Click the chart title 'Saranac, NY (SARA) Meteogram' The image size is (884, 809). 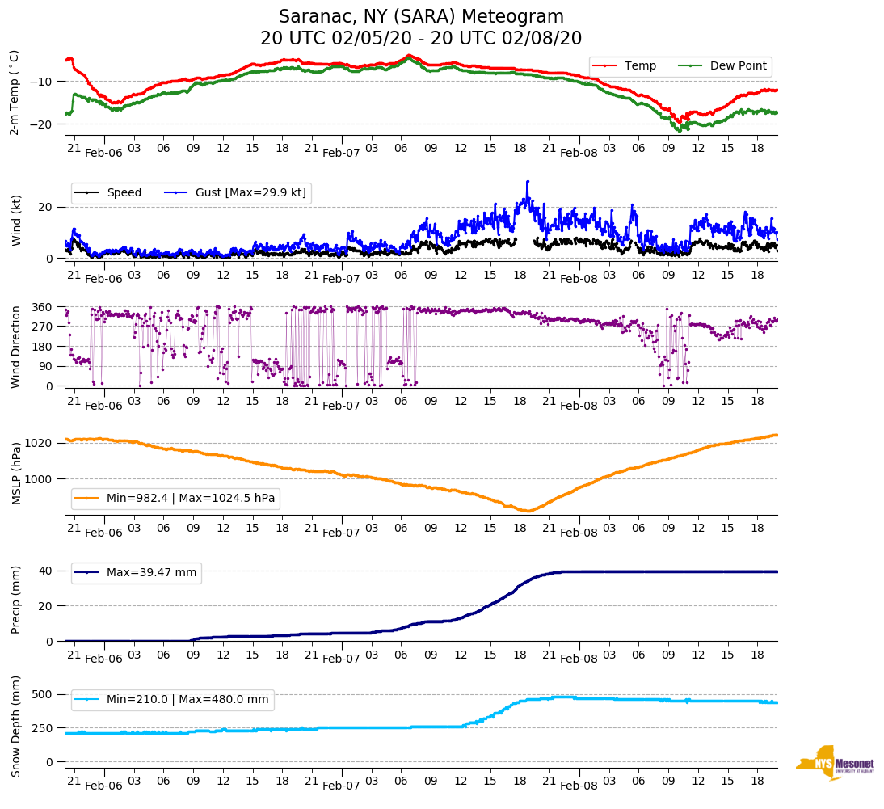(421, 17)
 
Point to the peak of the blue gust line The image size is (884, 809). (528, 182)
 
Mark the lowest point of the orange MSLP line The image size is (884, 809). (527, 511)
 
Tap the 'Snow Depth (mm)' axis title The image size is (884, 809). (16, 726)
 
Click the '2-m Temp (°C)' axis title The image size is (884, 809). (14, 92)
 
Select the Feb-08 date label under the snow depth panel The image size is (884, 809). (579, 786)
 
